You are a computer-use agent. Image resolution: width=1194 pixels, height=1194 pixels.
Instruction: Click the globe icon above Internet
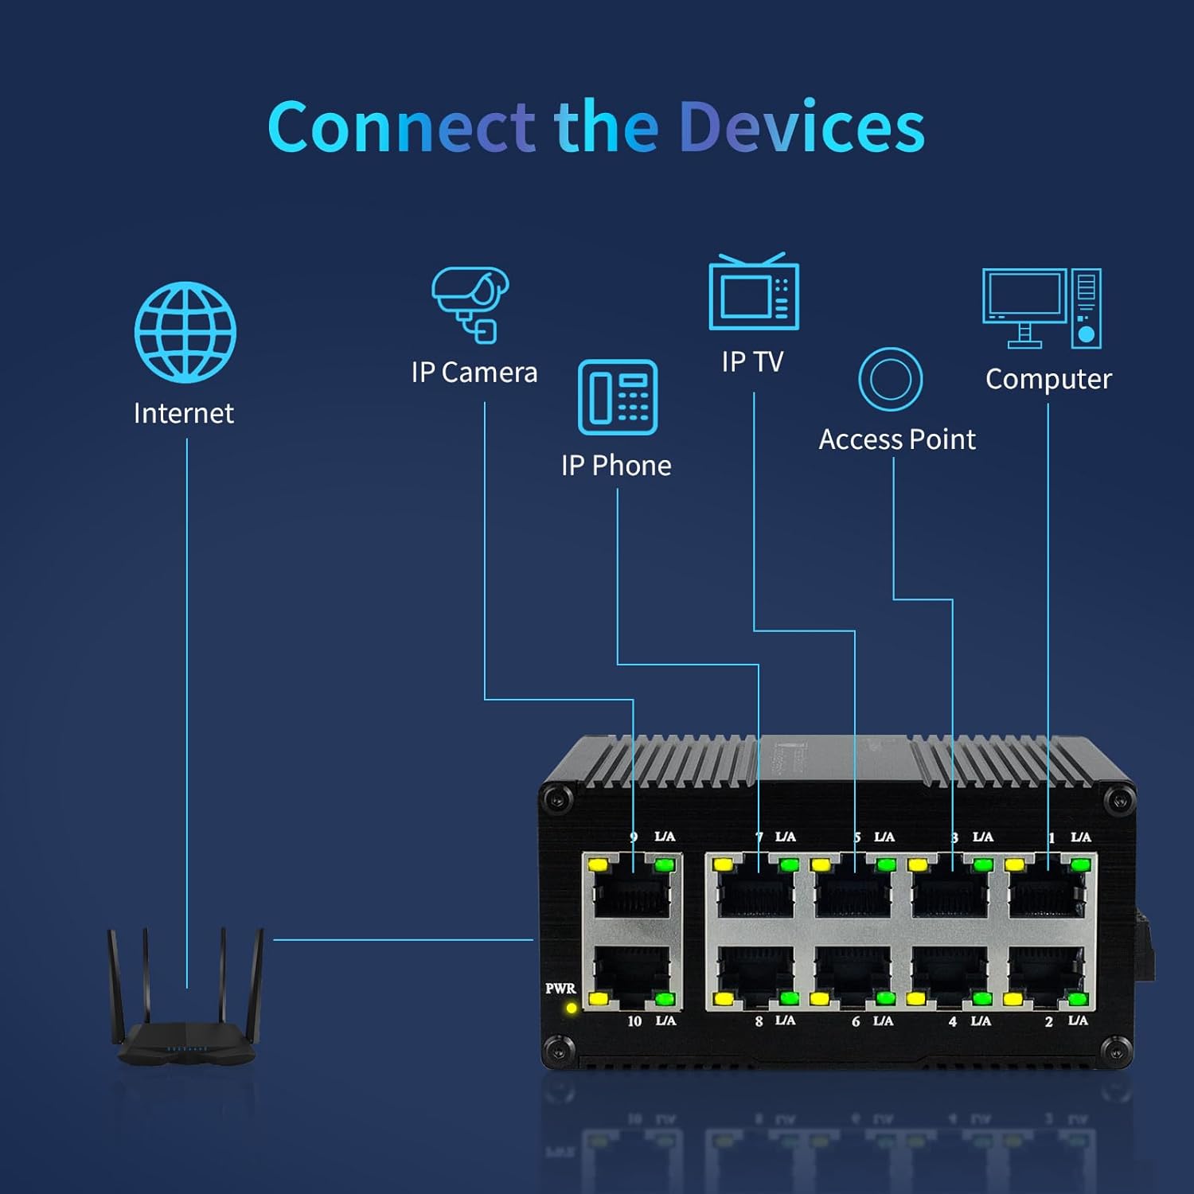pos(185,332)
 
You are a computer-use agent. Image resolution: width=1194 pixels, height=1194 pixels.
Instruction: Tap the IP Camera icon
pos(470,304)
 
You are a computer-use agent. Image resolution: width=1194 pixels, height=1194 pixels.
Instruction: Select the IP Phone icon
pos(617,397)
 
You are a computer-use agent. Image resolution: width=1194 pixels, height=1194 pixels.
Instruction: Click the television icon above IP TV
pos(753,292)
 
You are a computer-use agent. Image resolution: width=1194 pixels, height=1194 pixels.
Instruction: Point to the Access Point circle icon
pos(890,379)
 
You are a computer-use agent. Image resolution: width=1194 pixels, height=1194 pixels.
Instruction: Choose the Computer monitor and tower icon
pos(1041,308)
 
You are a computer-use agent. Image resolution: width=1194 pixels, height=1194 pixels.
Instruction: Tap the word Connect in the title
pos(402,127)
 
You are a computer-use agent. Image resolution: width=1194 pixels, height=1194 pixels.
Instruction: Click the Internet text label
pos(184,413)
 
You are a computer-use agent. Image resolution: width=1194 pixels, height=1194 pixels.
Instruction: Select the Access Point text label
pos(897,439)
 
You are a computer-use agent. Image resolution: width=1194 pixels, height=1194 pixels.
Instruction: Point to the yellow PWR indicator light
pos(571,1008)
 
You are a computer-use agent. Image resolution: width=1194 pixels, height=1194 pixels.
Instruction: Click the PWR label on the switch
pos(560,989)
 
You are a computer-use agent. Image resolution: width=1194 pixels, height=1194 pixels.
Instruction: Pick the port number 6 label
pos(856,1021)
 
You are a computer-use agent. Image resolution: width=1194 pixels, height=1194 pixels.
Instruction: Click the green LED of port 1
pos(1080,864)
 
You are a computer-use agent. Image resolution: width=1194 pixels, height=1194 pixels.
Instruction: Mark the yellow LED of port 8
pos(724,998)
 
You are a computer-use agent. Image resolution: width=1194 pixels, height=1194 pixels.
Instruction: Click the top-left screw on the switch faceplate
pos(560,798)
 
